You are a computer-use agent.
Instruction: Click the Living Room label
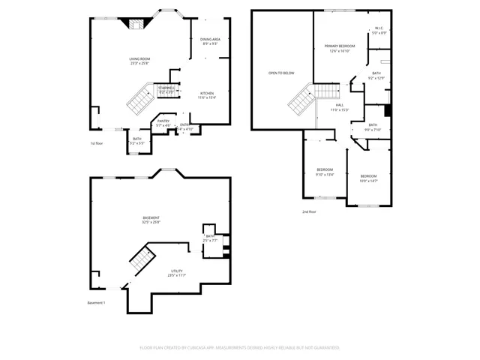(139, 60)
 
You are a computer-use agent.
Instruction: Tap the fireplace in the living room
(135, 24)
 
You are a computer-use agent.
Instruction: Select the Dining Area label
(210, 41)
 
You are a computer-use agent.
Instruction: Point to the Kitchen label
(207, 95)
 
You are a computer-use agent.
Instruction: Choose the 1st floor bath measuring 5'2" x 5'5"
(137, 140)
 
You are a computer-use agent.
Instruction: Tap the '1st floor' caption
(97, 142)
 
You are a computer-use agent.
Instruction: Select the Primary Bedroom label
(340, 49)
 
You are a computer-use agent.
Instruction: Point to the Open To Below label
(281, 73)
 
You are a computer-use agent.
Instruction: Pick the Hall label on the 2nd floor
(340, 107)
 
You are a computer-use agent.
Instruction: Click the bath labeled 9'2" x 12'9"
(376, 76)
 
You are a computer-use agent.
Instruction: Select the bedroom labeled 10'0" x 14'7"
(368, 178)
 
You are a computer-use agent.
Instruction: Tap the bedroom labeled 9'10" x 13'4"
(325, 172)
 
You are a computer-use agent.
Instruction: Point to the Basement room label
(151, 220)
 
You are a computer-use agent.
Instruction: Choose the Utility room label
(176, 273)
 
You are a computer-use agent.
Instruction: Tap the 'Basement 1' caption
(97, 302)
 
